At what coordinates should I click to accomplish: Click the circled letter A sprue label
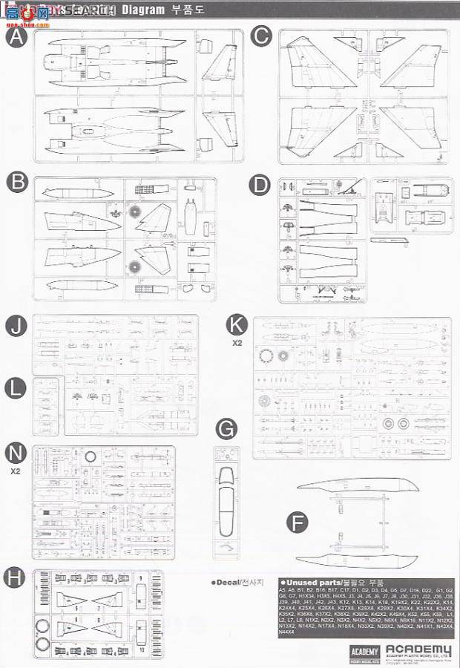(16, 37)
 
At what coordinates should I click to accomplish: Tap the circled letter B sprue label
(16, 183)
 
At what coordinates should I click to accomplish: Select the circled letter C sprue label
(260, 36)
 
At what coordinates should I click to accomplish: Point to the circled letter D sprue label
(259, 184)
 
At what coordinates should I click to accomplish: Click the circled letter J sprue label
(16, 327)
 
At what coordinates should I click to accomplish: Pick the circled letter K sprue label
(236, 324)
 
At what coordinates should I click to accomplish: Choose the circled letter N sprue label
(16, 453)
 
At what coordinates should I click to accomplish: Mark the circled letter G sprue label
(226, 428)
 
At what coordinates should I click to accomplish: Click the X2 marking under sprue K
(237, 343)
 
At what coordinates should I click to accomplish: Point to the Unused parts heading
(311, 583)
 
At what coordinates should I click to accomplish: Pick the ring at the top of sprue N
(91, 456)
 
